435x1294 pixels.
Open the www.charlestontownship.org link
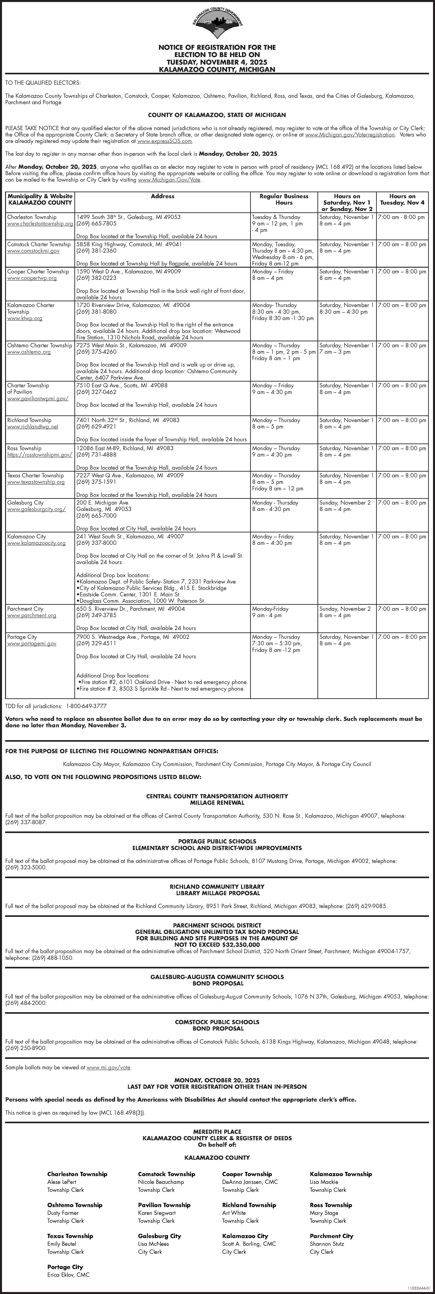(40, 224)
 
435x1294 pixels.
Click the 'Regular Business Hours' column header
(284, 200)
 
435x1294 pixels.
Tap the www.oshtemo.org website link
(29, 352)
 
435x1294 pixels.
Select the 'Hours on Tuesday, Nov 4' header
(402, 200)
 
